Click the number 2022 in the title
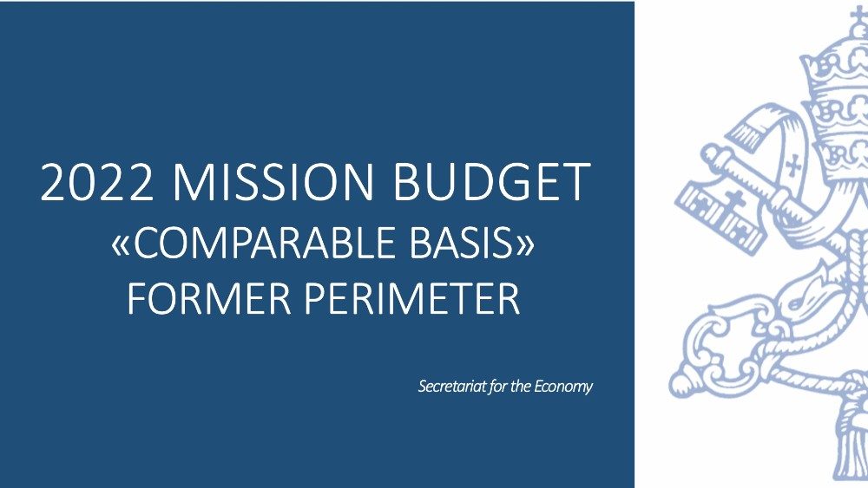tap(97, 182)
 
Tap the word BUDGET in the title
tap(490, 182)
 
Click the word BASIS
tap(463, 243)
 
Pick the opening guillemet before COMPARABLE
tap(122, 245)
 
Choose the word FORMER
tap(209, 298)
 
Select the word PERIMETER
tap(412, 298)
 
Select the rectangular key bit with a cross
tap(720, 218)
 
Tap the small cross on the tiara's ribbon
tap(792, 165)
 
